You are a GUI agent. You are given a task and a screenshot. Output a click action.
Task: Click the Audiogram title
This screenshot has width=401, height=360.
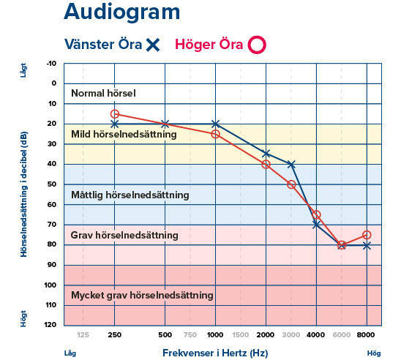(x=121, y=12)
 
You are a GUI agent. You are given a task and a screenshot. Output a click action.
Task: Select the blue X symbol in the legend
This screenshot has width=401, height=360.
(x=152, y=45)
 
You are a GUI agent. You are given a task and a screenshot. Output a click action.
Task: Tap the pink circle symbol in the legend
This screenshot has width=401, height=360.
(x=256, y=45)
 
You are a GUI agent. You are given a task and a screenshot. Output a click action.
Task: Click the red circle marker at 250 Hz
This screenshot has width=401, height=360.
(x=114, y=113)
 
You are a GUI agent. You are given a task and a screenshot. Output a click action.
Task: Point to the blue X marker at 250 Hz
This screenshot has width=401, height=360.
(x=114, y=124)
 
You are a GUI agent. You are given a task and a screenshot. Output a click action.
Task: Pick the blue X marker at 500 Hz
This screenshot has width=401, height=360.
(x=165, y=124)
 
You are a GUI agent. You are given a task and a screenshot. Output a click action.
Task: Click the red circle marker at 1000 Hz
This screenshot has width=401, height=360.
(x=215, y=134)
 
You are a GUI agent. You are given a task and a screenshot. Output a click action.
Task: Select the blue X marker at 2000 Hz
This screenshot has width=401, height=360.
(x=266, y=154)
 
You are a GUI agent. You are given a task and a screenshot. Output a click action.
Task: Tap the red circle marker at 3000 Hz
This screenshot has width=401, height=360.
(x=291, y=184)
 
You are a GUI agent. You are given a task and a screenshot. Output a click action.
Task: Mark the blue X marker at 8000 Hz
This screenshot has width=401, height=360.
(x=367, y=245)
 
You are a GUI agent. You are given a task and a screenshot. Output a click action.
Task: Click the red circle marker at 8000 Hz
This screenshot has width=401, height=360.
(x=367, y=235)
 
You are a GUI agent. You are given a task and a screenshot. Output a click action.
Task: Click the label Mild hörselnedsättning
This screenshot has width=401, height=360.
(x=124, y=135)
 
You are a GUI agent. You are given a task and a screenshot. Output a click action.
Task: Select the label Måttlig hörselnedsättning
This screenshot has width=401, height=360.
(x=130, y=195)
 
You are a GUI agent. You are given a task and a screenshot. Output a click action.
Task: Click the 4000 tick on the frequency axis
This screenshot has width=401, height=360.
(x=316, y=334)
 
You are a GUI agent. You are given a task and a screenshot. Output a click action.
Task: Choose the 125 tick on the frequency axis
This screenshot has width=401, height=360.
(x=83, y=334)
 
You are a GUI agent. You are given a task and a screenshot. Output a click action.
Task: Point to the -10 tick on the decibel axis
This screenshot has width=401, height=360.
(x=50, y=63)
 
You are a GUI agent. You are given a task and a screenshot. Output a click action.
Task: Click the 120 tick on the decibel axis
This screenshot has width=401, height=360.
(x=50, y=325)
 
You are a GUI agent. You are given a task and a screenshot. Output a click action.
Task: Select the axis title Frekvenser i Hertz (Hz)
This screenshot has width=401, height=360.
(x=215, y=353)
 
